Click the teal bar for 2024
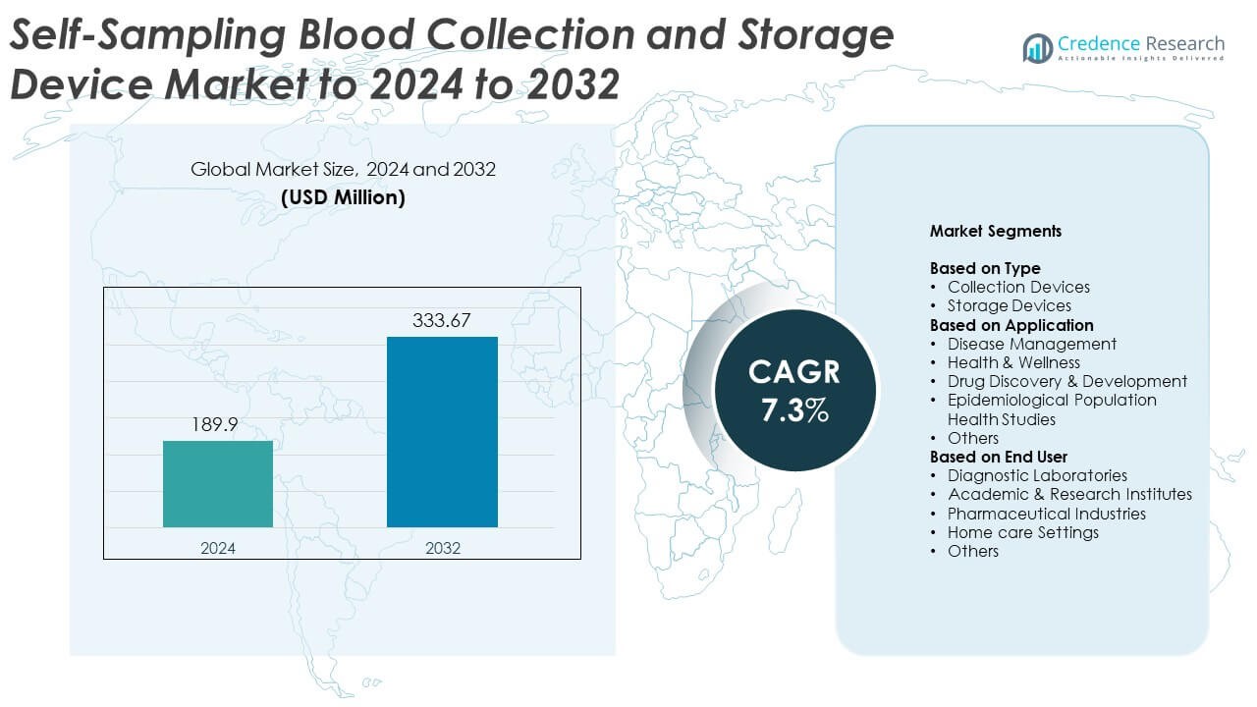point(218,484)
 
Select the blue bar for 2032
point(442,432)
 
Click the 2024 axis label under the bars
point(218,547)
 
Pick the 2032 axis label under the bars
point(442,547)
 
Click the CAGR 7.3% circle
point(794,391)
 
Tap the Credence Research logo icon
point(1037,46)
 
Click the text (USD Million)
point(343,197)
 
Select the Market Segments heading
point(995,232)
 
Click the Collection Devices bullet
point(1017,287)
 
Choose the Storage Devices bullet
point(1009,306)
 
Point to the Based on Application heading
point(1011,325)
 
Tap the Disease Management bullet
point(1031,344)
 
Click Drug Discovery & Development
point(1066,381)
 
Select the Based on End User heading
point(998,457)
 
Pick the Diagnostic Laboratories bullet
point(1036,475)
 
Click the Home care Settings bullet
point(1022,532)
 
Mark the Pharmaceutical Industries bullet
point(1046,514)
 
